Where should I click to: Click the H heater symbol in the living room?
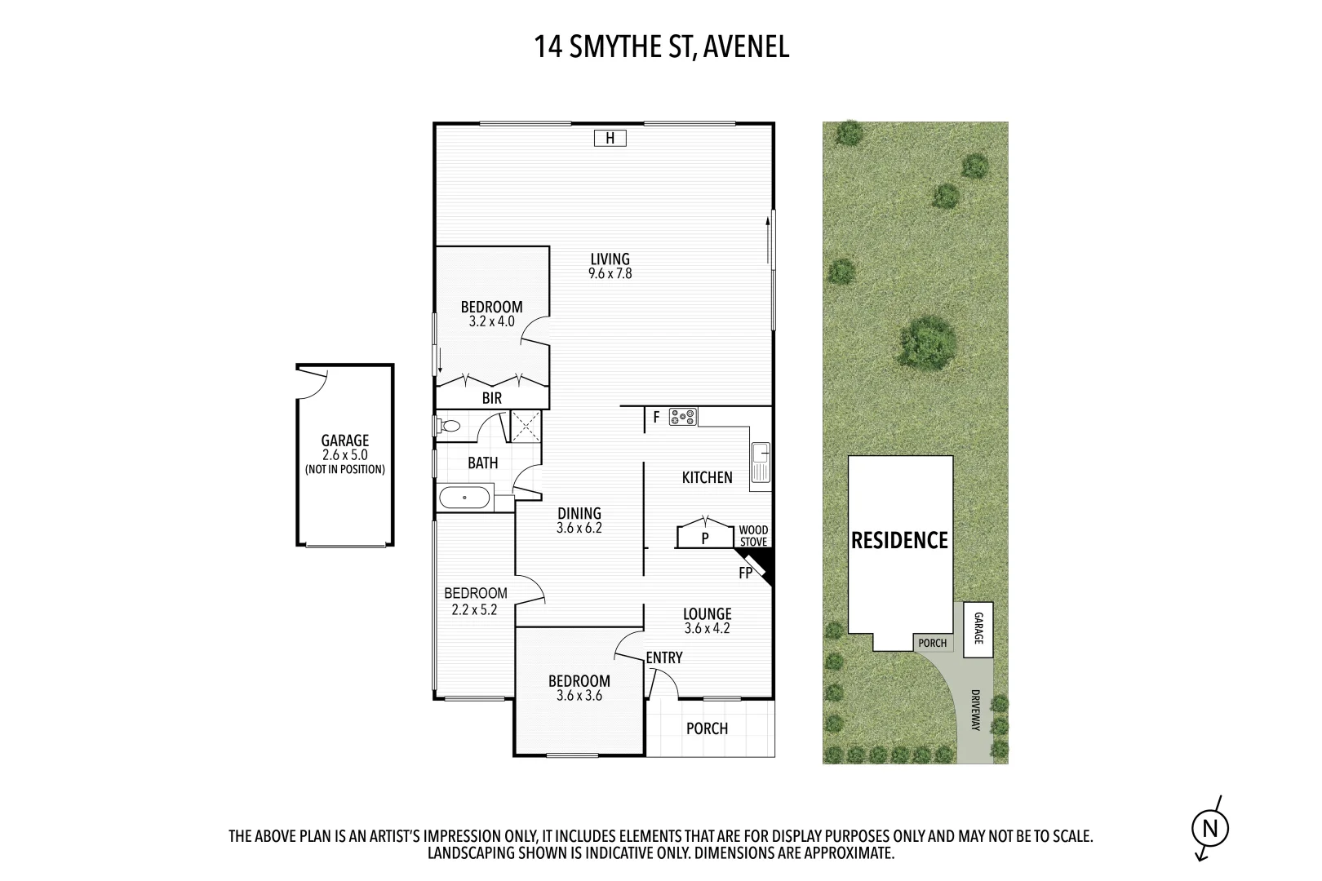[610, 139]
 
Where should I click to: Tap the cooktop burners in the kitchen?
[683, 418]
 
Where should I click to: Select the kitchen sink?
[761, 463]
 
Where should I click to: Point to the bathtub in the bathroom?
[465, 497]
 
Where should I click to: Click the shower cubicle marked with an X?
[526, 426]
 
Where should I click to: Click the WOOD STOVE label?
[753, 536]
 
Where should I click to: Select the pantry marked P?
[705, 538]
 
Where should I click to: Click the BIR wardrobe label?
[492, 398]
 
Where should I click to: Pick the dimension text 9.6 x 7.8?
[610, 274]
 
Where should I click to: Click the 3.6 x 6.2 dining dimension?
[579, 528]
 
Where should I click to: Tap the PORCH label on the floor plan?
[707, 728]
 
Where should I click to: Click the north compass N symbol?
[1210, 829]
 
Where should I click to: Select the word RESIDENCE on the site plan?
[899, 541]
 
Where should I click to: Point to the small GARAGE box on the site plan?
[978, 630]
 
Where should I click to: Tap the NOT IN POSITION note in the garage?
[344, 470]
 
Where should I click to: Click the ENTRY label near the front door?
[663, 657]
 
